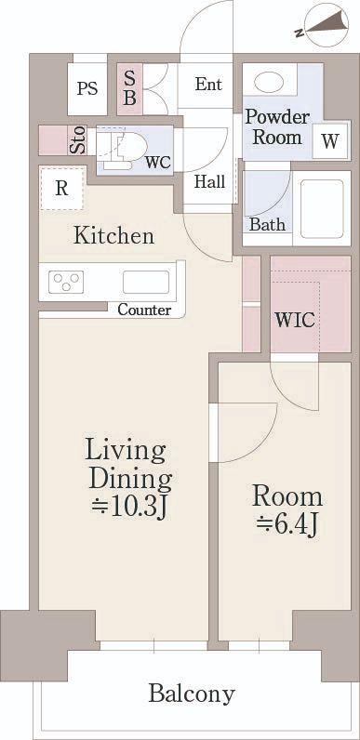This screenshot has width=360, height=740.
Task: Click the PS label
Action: point(87,88)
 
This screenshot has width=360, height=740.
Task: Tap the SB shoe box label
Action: point(130,88)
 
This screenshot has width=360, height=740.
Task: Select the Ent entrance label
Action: point(208,85)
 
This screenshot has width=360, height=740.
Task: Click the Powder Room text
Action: point(277,127)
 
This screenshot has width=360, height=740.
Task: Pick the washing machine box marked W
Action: point(331,140)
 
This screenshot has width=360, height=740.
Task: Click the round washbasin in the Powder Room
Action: point(269,83)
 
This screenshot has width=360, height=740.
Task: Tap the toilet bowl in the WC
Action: point(126,146)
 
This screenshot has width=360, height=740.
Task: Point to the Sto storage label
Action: point(78,140)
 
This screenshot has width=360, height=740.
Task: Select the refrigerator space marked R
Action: point(61,189)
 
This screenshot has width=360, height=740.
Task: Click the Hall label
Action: point(209,181)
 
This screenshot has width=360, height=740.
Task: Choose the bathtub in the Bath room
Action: point(321,209)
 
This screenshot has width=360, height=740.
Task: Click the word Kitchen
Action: point(113,235)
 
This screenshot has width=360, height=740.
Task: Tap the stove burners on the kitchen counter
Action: point(66,283)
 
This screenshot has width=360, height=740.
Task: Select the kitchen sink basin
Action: point(146,283)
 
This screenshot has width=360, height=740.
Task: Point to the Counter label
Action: point(144,311)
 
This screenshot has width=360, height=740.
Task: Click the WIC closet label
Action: point(295,321)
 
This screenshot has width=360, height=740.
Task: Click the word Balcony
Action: point(192,694)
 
